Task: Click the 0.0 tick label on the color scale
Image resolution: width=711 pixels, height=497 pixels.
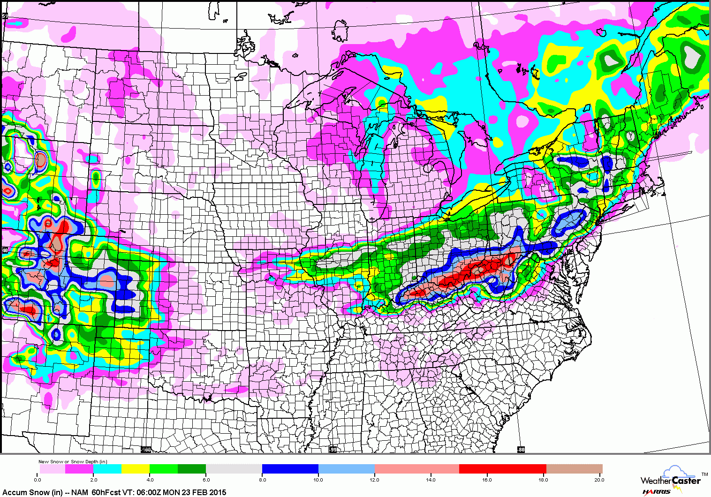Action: tap(38, 480)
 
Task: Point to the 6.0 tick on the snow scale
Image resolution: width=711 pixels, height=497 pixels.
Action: tap(206, 480)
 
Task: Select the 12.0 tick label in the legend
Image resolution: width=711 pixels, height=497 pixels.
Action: tap(374, 480)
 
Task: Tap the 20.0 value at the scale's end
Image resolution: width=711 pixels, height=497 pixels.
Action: tap(599, 480)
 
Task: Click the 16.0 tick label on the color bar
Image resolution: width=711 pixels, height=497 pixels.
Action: tap(487, 480)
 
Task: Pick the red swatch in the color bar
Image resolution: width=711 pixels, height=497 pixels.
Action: tap(502, 469)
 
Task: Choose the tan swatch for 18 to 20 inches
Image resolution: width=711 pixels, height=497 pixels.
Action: tap(575, 469)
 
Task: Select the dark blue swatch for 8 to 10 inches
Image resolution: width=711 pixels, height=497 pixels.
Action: tap(290, 469)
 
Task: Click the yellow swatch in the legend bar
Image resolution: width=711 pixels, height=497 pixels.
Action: tap(136, 469)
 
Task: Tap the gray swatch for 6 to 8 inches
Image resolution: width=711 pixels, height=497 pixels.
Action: tap(234, 469)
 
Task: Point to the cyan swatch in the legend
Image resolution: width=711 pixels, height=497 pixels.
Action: tap(107, 469)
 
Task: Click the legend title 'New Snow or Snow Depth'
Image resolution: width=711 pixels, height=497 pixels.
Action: tap(73, 462)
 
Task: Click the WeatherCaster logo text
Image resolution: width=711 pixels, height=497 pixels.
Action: tap(671, 480)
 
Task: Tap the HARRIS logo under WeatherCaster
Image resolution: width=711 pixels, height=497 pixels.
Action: tap(657, 492)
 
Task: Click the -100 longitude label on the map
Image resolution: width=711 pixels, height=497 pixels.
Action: tap(146, 450)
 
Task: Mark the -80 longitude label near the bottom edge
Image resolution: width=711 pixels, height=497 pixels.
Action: tap(521, 450)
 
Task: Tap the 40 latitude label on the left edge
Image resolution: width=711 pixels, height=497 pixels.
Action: tap(5, 250)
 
